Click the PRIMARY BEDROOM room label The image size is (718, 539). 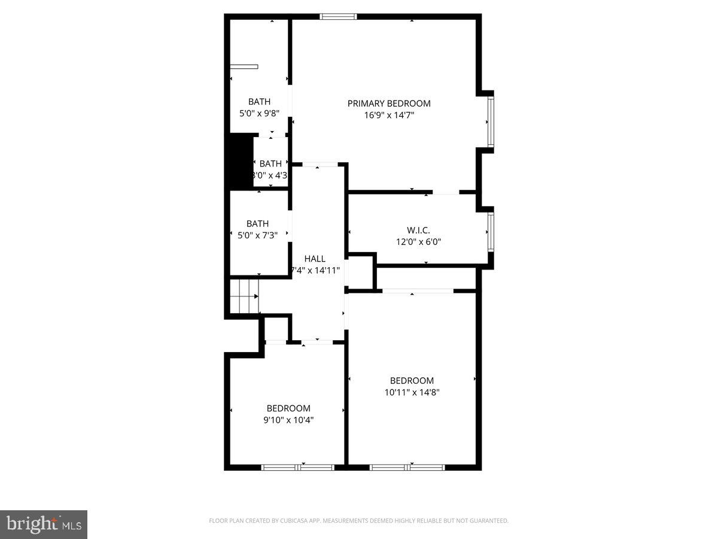click(389, 103)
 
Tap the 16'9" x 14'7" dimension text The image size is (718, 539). click(389, 115)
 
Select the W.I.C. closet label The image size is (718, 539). click(418, 230)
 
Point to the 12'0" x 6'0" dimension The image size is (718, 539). click(418, 242)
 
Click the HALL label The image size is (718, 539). click(315, 259)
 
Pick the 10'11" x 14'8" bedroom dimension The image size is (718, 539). click(412, 392)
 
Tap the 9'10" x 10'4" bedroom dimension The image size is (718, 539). click(288, 420)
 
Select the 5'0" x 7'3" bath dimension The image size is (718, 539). click(257, 235)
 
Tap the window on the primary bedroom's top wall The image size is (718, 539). click(339, 16)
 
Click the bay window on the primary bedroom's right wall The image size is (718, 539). click(490, 122)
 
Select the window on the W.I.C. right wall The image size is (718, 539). click(490, 232)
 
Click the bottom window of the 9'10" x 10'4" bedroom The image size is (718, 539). click(298, 467)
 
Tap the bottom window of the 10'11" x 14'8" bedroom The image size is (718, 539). click(407, 467)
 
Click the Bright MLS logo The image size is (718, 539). click(44, 525)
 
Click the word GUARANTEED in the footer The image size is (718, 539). click(488, 521)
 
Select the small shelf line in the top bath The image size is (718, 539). click(244, 66)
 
